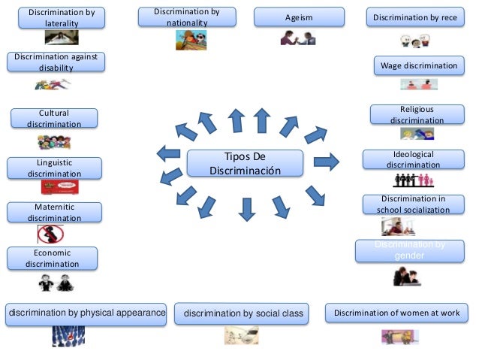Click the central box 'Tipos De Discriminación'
click(x=245, y=164)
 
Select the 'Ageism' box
click(x=299, y=17)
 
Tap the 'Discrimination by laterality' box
click(x=56, y=19)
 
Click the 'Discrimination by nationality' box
click(x=187, y=17)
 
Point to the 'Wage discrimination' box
click(x=419, y=66)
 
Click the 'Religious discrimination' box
click(x=417, y=114)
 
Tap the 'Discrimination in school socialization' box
click(x=413, y=204)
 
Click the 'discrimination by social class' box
click(x=241, y=313)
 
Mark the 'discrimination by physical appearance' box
click(x=86, y=313)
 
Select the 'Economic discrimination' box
click(x=52, y=259)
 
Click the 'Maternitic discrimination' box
click(x=53, y=213)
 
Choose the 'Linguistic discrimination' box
click(x=53, y=168)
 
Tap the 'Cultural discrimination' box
click(x=53, y=119)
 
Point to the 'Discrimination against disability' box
click(x=56, y=62)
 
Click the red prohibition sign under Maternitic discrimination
click(x=50, y=234)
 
